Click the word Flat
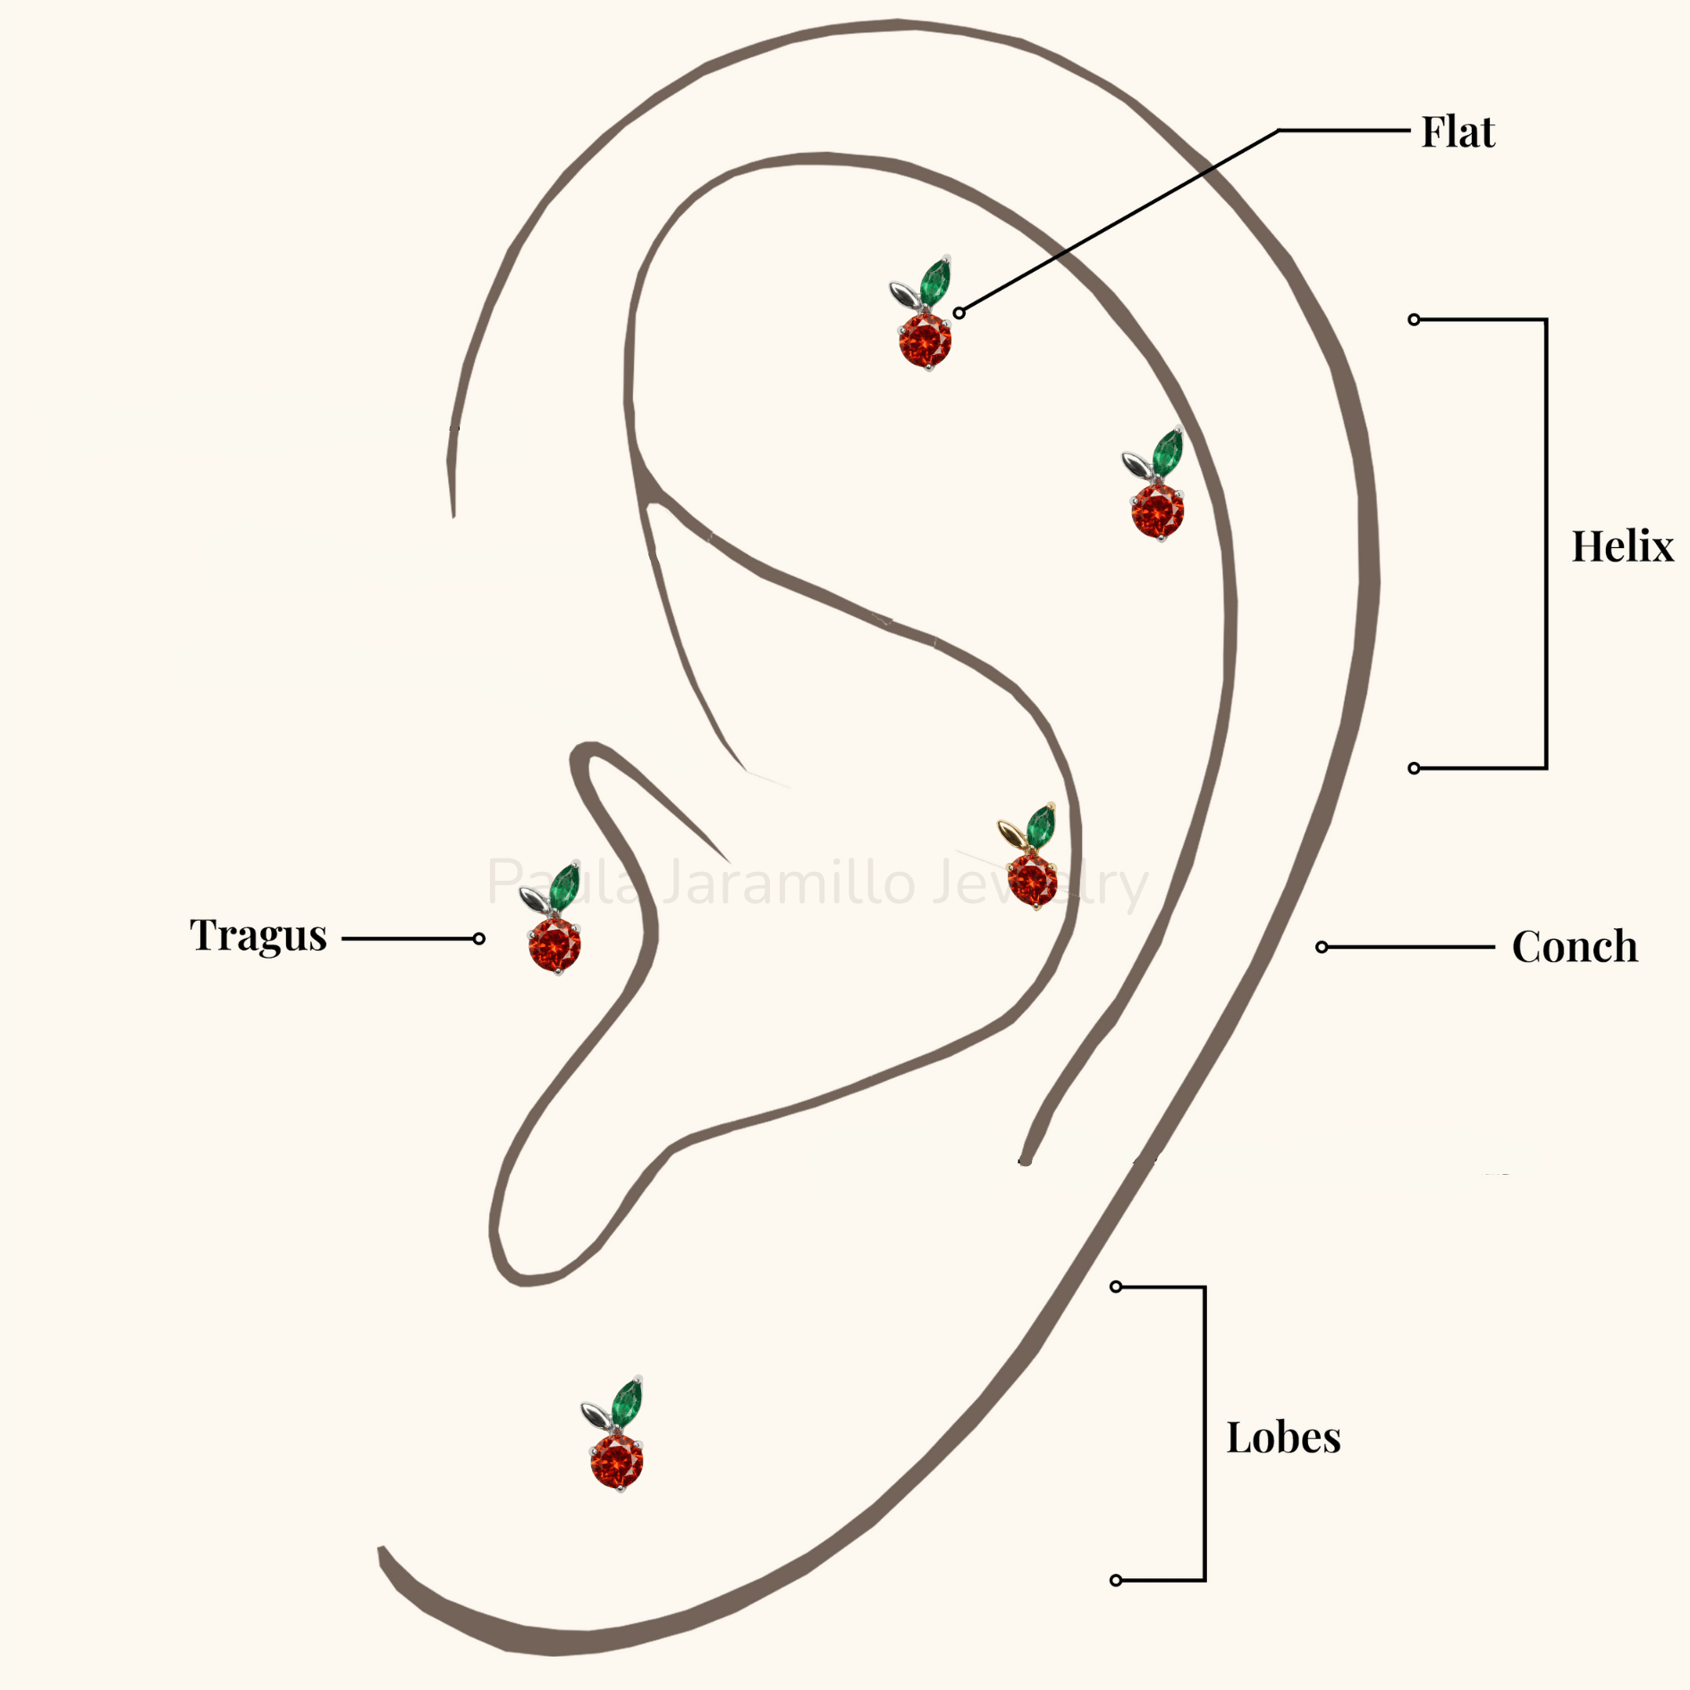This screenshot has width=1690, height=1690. click(x=1458, y=132)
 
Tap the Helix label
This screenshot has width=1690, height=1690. click(x=1622, y=545)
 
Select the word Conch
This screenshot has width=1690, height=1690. click(x=1575, y=946)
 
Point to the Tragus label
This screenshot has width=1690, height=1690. click(x=258, y=936)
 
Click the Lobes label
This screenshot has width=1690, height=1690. click(x=1283, y=1438)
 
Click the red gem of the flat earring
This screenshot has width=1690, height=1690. click(x=925, y=340)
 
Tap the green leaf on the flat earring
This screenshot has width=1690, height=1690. click(x=935, y=281)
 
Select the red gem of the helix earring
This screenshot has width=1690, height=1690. click(x=1157, y=511)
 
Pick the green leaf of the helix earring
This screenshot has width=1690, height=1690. click(x=1167, y=452)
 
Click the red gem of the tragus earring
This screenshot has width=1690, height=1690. click(x=554, y=945)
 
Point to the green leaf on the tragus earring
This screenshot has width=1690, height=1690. click(x=564, y=886)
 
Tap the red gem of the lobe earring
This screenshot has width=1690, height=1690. click(x=617, y=1462)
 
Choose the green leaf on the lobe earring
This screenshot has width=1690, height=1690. click(x=627, y=1403)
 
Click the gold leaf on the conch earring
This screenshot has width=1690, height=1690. click(x=1011, y=833)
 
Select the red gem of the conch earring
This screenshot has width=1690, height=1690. click(x=1032, y=882)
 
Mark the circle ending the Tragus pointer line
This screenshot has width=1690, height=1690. click(x=479, y=938)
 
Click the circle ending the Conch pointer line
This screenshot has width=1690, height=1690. click(x=1322, y=947)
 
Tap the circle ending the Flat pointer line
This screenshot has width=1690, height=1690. click(x=959, y=313)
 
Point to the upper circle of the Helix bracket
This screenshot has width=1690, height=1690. click(x=1414, y=319)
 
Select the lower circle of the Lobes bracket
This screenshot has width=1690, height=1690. click(x=1116, y=1580)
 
